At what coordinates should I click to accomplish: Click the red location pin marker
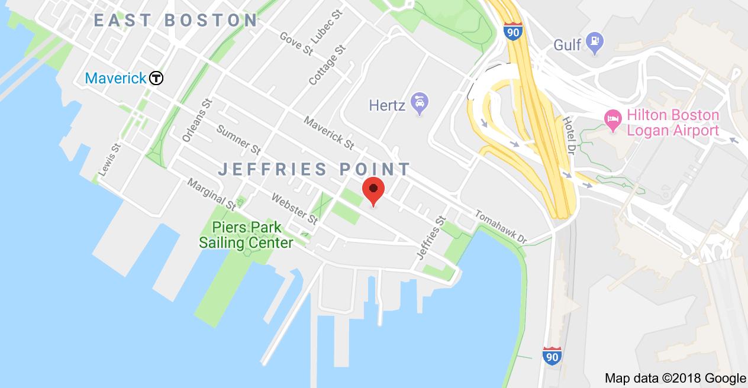coord(373,190)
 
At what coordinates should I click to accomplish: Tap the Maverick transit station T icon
coord(156,78)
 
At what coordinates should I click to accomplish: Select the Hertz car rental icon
coord(420,105)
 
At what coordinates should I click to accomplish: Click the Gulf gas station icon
coord(594,43)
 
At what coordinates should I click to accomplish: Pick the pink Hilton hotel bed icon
coord(611,117)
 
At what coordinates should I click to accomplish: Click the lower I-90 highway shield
coord(552,355)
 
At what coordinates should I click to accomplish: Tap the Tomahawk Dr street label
coord(501,227)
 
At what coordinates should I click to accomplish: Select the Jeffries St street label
coord(431,237)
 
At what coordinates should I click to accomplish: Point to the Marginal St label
coord(211,193)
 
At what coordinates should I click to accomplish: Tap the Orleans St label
coord(196,119)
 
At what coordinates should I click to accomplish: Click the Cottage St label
coord(327,66)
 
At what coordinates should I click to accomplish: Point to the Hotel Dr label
coord(569,131)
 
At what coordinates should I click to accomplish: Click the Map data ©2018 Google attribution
coord(675,379)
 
